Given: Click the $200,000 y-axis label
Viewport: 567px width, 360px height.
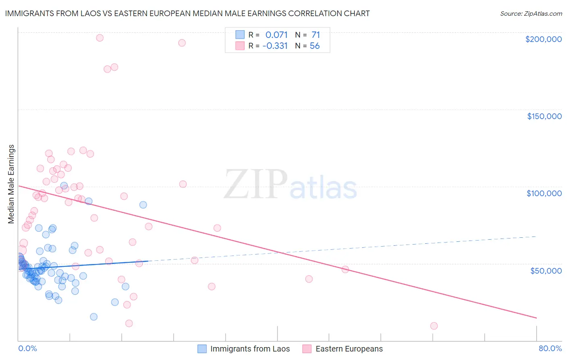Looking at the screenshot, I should pos(543,39).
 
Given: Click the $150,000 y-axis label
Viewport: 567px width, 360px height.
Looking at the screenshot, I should pos(544,116).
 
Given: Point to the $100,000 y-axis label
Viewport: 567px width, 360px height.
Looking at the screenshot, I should pos(544,193).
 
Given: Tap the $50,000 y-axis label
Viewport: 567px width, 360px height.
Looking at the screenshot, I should pos(546,270).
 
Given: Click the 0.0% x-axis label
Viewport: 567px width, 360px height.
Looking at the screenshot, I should pos(27,348).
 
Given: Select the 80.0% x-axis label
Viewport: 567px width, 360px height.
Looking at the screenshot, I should pos(550,348).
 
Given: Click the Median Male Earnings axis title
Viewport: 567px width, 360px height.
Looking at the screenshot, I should pos(11,184).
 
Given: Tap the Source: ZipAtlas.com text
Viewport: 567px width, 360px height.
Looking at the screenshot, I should pos(531,13).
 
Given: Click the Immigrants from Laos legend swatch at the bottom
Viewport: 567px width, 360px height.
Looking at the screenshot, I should pos(202,349).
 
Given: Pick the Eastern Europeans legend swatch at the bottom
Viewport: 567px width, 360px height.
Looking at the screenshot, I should pos(307,349).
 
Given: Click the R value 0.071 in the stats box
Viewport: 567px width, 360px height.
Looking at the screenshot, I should pos(276,35).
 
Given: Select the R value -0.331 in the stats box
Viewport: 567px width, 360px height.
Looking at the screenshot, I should pos(275,46).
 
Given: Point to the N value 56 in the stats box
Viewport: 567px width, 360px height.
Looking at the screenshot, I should pos(315,46).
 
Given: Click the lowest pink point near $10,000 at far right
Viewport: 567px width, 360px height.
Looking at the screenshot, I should pos(434,326).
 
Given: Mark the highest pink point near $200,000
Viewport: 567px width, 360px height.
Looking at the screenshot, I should pos(100,38).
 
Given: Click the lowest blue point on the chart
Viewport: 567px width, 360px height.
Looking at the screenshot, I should pos(94,317).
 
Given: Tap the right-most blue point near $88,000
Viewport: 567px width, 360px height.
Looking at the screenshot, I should pos(143,205).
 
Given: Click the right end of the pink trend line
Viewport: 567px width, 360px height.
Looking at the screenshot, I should pos(536,318).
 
